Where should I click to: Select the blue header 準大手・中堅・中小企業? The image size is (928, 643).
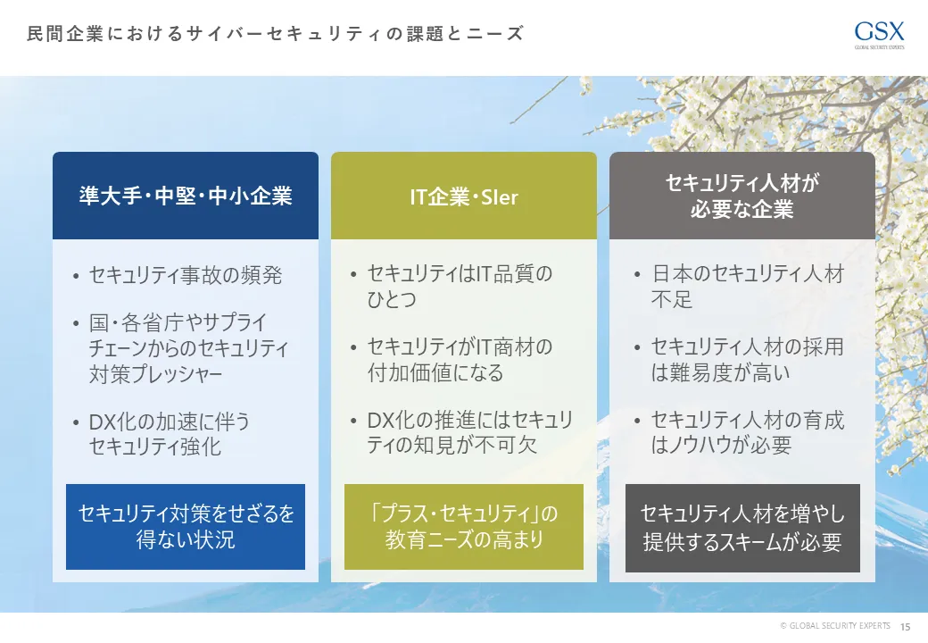(x=186, y=196)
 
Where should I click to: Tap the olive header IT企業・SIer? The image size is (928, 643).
(x=464, y=196)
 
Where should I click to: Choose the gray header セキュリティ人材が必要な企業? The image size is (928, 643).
(x=742, y=196)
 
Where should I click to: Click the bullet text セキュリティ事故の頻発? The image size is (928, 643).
(x=186, y=275)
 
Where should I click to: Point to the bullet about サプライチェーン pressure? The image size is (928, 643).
(x=188, y=347)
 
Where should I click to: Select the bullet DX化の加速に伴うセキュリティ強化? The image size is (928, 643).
(x=170, y=433)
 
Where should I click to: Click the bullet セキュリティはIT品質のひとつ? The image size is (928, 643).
(x=460, y=286)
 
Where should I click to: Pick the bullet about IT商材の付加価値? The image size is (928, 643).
(x=460, y=359)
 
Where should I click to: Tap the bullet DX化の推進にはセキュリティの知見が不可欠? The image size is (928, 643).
(x=469, y=432)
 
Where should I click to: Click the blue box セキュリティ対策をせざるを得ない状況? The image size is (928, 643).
(x=186, y=527)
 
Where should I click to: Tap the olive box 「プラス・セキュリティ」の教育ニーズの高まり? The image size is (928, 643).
(x=464, y=527)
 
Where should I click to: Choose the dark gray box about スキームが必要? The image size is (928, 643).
(x=742, y=528)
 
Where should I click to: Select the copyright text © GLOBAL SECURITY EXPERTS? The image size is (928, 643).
(x=834, y=626)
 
